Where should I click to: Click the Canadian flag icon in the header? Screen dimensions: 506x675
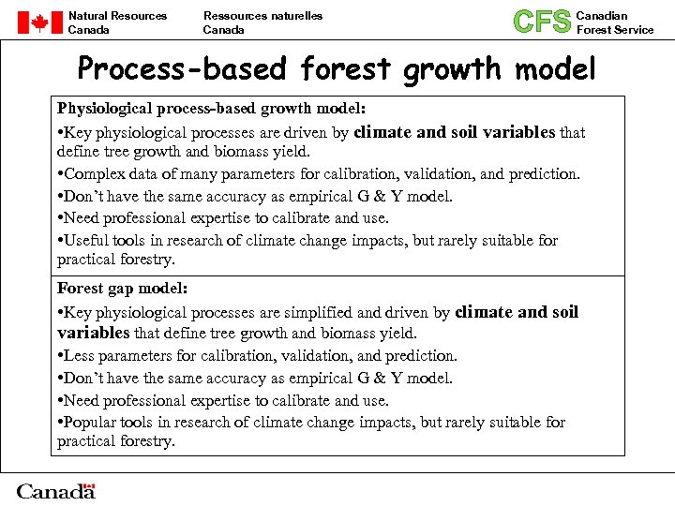38,22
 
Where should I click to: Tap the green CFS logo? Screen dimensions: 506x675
542,22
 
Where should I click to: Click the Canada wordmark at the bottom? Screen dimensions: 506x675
55,491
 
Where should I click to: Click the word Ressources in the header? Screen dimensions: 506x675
231,16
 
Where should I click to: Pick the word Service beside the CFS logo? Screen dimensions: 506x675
634,30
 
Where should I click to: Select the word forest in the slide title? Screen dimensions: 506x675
345,69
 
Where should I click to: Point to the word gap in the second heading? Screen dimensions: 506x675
120,289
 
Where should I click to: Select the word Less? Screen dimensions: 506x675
79,355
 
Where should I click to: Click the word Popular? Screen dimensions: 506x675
89,422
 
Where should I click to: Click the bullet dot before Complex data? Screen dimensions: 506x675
60,174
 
